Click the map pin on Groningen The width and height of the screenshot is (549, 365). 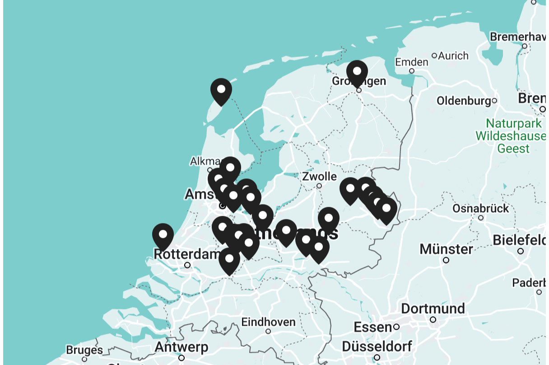point(357,72)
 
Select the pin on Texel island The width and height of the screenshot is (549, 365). point(221,90)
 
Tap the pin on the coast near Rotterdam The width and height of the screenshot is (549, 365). point(163,235)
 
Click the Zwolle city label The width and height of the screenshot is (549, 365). point(320,176)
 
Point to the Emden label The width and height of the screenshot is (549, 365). point(411,62)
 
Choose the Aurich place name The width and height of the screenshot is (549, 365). point(453,56)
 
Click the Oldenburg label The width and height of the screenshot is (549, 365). point(464,100)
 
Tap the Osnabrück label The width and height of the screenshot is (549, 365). point(480,208)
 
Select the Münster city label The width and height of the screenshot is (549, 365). point(446,249)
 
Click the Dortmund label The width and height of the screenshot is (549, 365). point(433,309)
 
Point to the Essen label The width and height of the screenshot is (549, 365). point(372,327)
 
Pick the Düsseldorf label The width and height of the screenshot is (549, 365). point(377,347)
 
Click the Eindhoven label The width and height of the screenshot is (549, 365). point(268,322)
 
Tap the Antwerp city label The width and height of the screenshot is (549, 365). point(181,347)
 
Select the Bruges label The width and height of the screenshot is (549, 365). point(84,350)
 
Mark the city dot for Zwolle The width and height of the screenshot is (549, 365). point(319,186)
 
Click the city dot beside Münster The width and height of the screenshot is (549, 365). point(446,260)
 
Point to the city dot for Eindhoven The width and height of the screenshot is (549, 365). point(268,331)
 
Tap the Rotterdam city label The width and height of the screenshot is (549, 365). point(187,254)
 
